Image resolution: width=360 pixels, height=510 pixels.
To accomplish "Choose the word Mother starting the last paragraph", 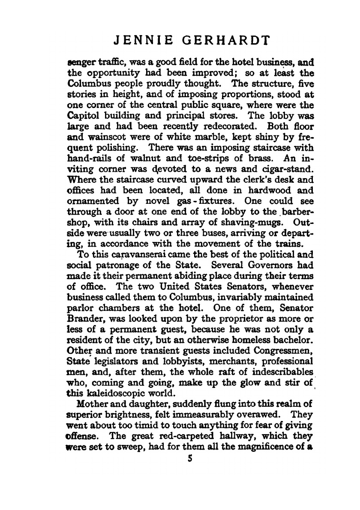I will pos(88,403).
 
